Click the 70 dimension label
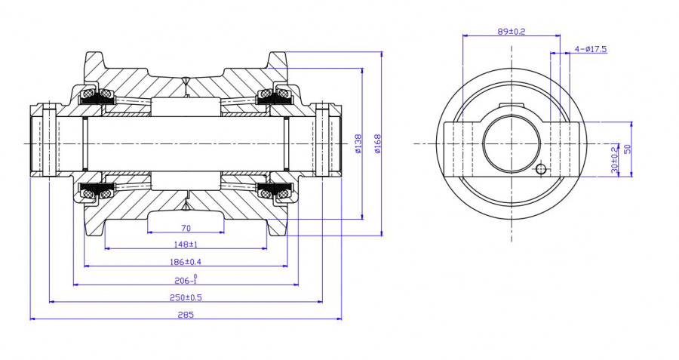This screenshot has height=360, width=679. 186,228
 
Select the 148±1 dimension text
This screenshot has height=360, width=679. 186,245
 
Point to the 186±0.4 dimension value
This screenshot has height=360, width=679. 186,262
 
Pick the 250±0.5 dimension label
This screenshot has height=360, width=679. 186,297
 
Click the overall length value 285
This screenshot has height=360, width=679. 186,315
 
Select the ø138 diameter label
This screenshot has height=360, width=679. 358,143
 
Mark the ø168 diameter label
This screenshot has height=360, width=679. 377,143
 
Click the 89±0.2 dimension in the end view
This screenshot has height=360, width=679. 512,32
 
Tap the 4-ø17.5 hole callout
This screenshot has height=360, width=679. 591,49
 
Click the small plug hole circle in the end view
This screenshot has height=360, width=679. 540,170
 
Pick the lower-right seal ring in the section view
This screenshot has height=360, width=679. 282,193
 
